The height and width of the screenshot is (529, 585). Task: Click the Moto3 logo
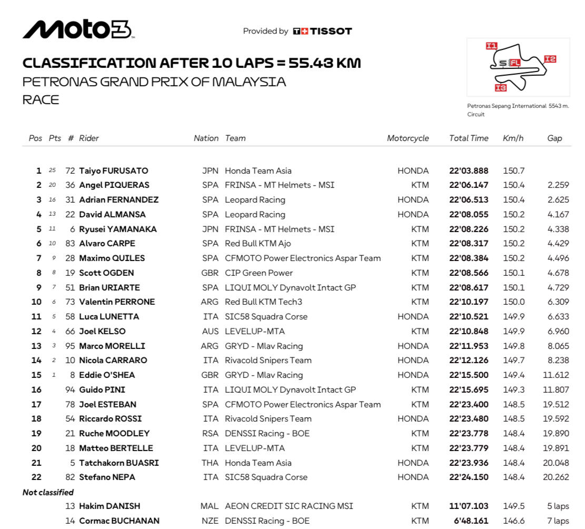coord(78,29)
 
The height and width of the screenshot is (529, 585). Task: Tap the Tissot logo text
coord(322,31)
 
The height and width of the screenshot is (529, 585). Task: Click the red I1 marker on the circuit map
coord(491,46)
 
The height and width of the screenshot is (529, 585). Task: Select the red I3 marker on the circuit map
coord(501,88)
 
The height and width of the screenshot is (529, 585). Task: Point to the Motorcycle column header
coord(408,138)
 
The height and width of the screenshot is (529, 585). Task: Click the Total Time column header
coord(469,138)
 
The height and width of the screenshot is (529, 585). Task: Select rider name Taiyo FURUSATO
coord(113,171)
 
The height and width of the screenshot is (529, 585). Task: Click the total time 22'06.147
coord(469,185)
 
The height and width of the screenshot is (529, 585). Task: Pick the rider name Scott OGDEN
coord(106,273)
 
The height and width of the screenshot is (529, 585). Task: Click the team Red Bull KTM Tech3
coord(263,302)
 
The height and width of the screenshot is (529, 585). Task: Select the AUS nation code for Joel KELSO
coord(210,332)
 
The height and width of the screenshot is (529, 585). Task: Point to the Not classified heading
coord(48,493)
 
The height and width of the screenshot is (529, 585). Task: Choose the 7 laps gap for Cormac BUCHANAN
coord(558,521)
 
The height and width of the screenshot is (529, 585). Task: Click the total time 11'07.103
coord(469,506)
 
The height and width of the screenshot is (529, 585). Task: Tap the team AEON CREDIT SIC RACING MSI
coord(289,506)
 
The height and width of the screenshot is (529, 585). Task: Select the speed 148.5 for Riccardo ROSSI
coord(513,419)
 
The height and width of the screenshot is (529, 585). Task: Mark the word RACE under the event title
coord(41,99)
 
